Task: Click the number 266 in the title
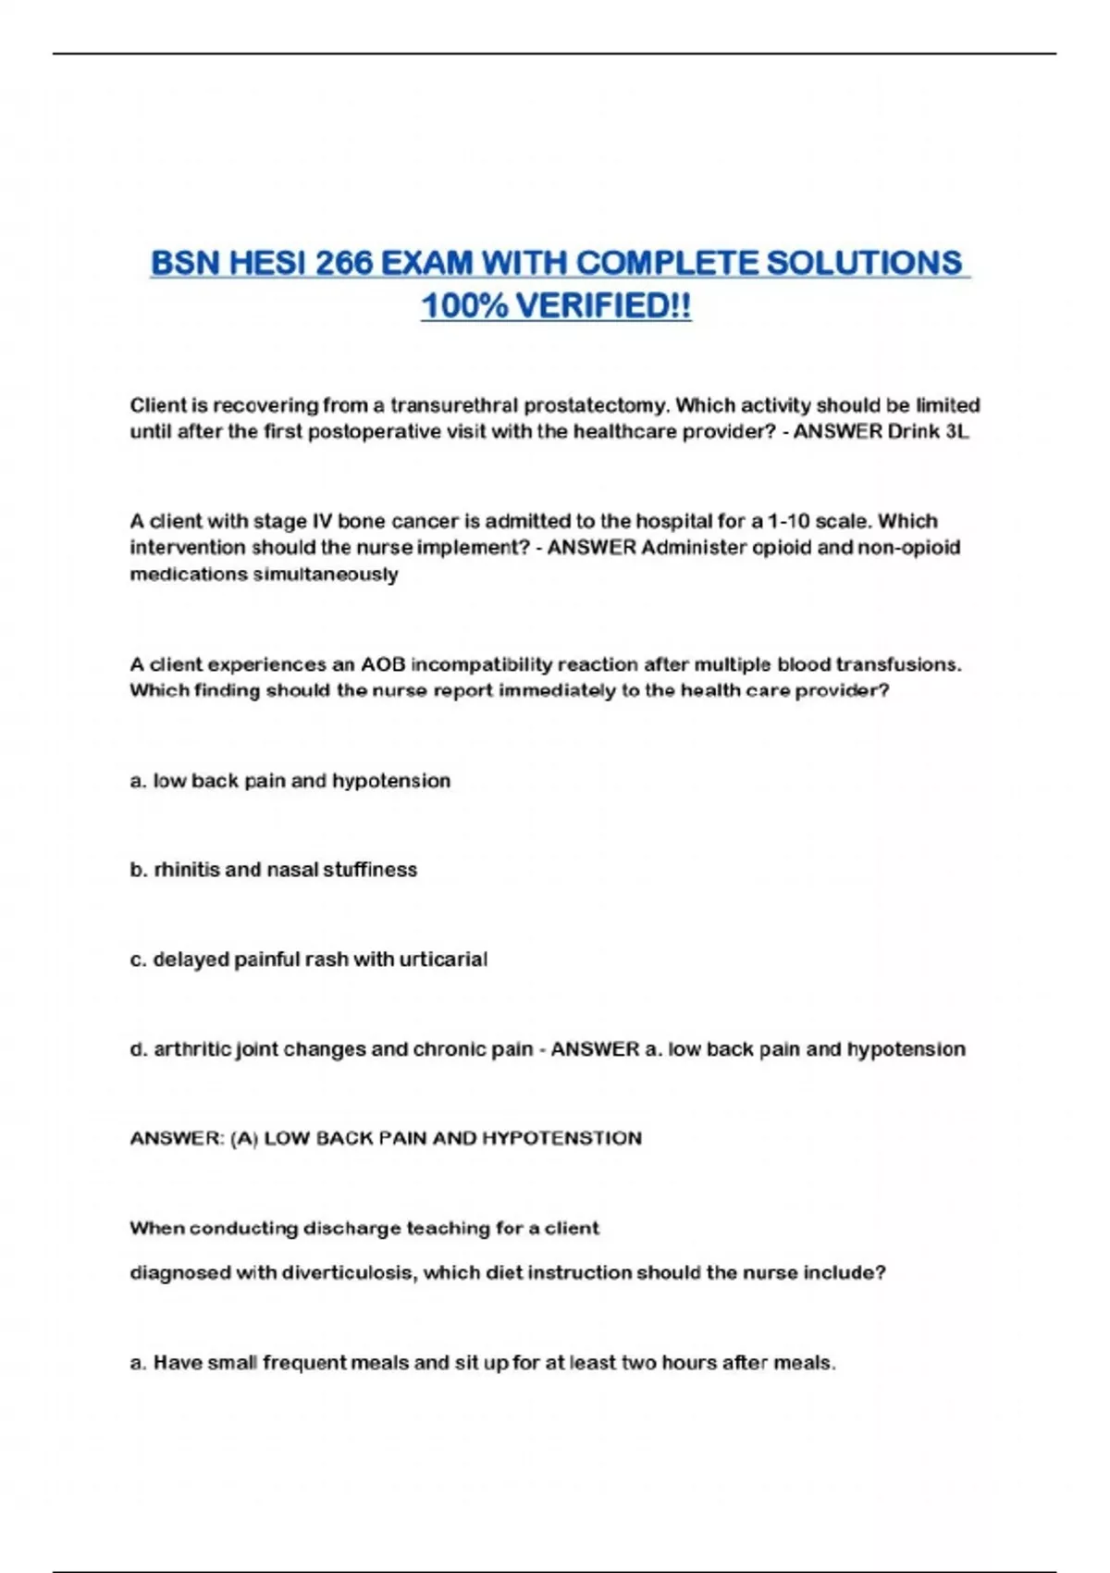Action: pyautogui.click(x=343, y=264)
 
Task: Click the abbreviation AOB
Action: pyautogui.click(x=382, y=664)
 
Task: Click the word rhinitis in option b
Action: pyautogui.click(x=186, y=870)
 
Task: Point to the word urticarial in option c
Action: pyautogui.click(x=442, y=960)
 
